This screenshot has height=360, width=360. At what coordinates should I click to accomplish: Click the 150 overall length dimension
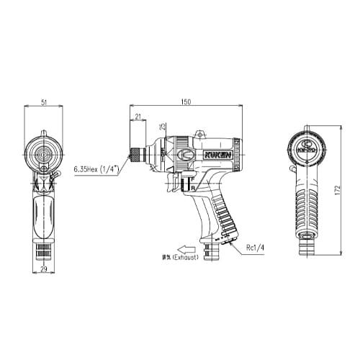point(186,103)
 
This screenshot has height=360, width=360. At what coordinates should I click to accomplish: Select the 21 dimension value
point(137,116)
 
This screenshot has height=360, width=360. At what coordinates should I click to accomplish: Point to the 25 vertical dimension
point(163,127)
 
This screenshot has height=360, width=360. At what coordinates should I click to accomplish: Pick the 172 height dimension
point(337,193)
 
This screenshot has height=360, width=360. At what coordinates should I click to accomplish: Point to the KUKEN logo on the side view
point(208,154)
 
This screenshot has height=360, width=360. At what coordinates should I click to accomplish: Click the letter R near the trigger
point(193,188)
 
